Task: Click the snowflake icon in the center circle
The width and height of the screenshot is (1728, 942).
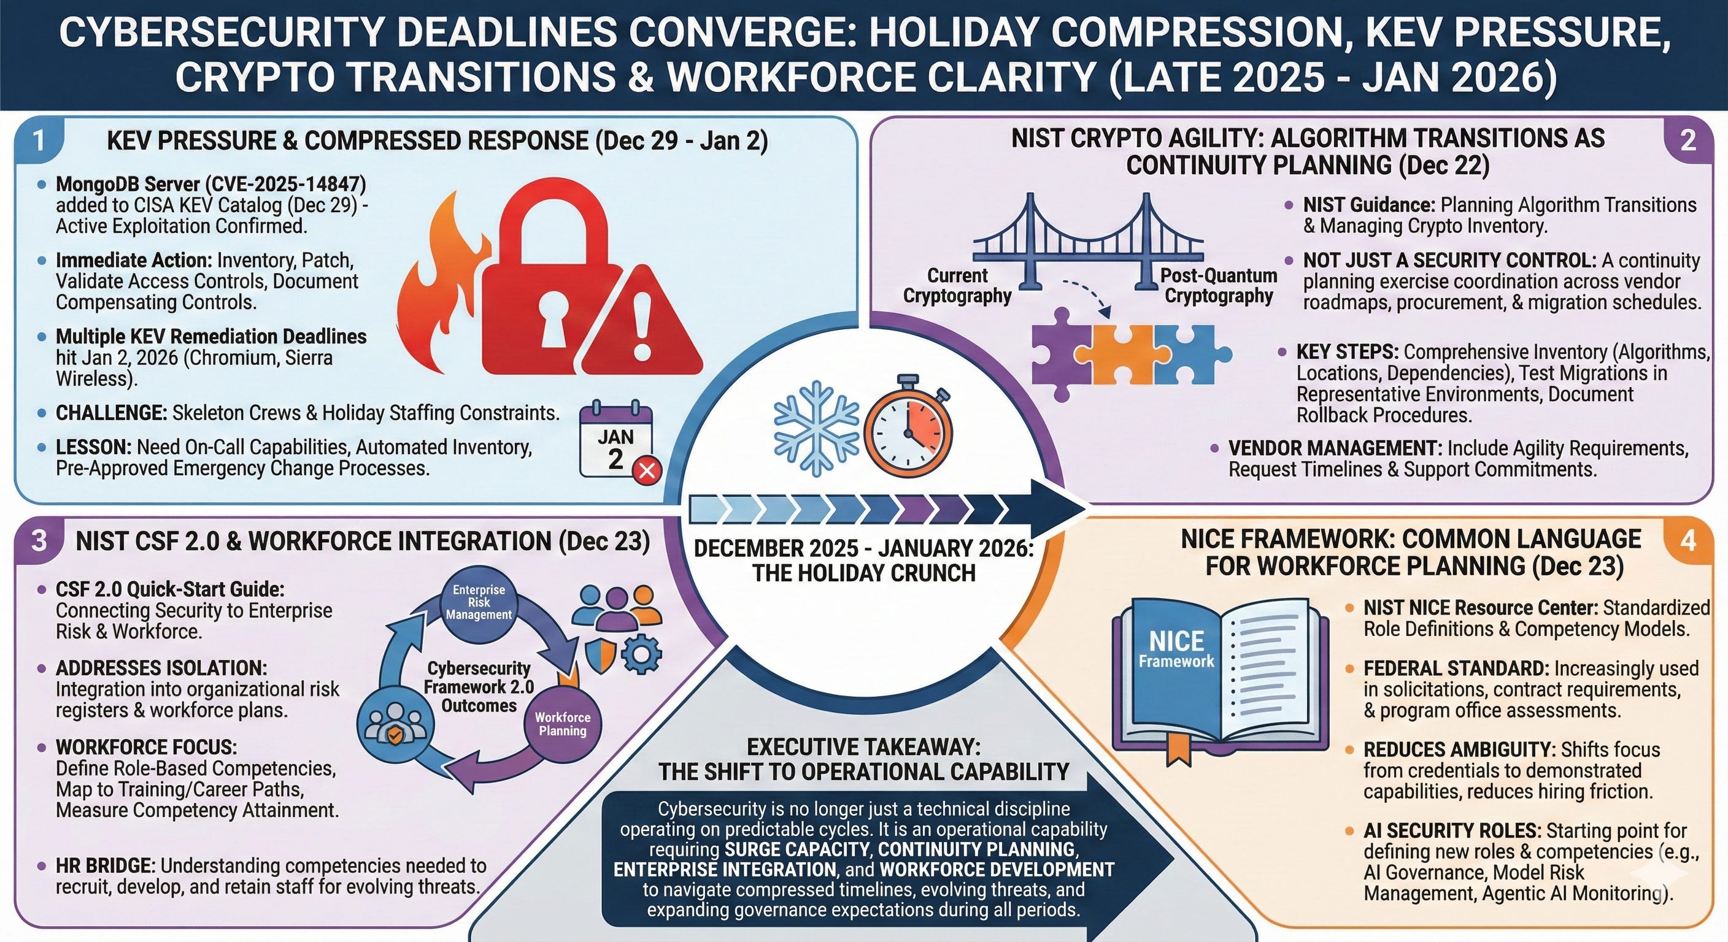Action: (816, 429)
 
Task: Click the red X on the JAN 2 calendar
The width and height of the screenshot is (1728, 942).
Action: (647, 470)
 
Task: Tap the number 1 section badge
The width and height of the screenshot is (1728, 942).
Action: (39, 141)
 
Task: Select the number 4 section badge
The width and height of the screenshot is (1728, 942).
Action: (1687, 540)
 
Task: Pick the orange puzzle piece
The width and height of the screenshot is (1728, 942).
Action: (1125, 354)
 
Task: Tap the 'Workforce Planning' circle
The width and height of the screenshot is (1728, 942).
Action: (562, 724)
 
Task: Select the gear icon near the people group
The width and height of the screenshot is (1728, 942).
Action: (642, 654)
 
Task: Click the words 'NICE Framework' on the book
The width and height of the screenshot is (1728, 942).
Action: (1176, 649)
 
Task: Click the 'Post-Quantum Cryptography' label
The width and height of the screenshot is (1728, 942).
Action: (1218, 286)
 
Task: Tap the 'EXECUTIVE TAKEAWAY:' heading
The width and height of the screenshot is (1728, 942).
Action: (863, 747)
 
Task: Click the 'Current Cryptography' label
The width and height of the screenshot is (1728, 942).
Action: (957, 286)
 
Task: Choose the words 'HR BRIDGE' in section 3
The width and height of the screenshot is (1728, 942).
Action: (106, 865)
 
